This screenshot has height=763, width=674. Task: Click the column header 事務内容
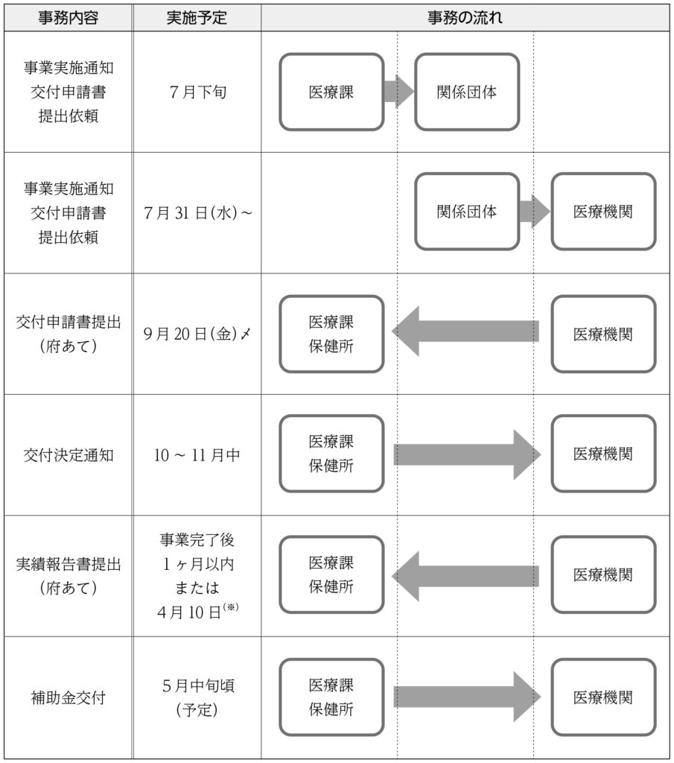pos(68,18)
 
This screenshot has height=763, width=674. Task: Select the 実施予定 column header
pos(197,18)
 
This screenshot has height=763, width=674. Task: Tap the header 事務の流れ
pos(465,18)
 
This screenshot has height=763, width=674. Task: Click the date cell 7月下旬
pos(197,92)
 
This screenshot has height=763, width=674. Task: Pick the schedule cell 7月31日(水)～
pos(198,213)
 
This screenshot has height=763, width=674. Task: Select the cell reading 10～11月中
pos(197,455)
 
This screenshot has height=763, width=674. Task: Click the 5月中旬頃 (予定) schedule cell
pos(198,697)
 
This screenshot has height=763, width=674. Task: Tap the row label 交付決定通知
pos(68,455)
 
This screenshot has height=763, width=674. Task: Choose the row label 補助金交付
pos(68,697)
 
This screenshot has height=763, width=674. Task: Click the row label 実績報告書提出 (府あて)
pos(68,576)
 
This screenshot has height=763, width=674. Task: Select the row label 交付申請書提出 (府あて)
pos(68,334)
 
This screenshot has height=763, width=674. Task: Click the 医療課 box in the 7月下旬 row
pos(331,92)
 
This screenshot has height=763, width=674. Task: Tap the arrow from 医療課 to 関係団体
pos(398,92)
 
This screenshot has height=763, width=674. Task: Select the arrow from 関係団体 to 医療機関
pos(535,211)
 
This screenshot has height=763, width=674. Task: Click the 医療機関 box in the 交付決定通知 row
pos(603,454)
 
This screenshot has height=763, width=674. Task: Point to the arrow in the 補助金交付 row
pos(467,697)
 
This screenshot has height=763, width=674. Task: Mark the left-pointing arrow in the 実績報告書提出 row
pos(465,576)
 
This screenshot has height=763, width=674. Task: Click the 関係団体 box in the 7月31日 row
pos(467,212)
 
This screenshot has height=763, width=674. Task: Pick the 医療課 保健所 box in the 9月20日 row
pos(331,334)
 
